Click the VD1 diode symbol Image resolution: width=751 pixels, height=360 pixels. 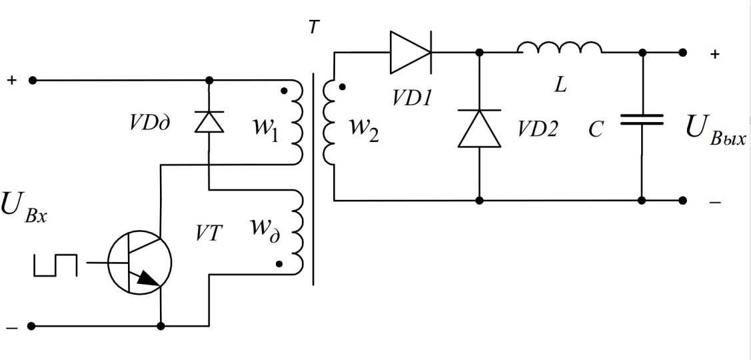click(x=410, y=52)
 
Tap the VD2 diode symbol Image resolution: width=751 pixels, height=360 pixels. click(x=479, y=128)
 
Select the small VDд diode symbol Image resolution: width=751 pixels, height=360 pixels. click(x=209, y=123)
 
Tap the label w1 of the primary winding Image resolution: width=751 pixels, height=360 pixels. click(x=266, y=126)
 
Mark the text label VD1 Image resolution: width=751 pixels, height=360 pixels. click(x=411, y=98)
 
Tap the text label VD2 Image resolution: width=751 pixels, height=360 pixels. click(x=537, y=129)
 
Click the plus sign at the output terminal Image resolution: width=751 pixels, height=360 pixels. click(x=715, y=55)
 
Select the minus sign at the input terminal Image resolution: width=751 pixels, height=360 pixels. click(x=11, y=327)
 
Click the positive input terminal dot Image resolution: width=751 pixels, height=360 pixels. click(x=33, y=80)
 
